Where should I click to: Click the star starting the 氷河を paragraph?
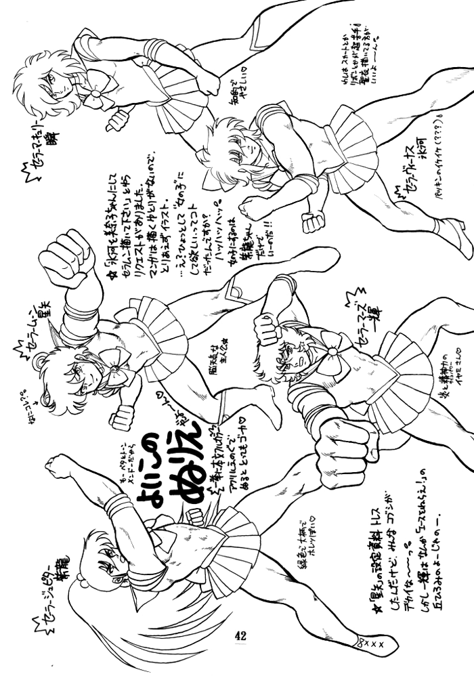tap(109, 275)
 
